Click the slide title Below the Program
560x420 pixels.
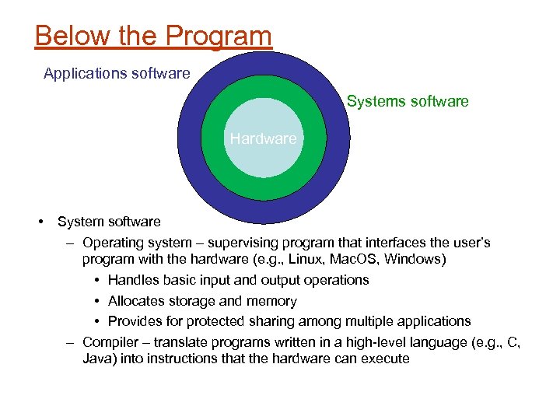tap(153, 36)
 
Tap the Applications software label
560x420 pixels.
tap(117, 74)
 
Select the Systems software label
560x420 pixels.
tap(408, 101)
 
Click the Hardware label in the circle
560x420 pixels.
tap(263, 138)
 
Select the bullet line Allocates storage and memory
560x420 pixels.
tap(202, 301)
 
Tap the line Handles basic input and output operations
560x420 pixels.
tap(238, 280)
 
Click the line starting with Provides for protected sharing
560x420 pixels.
tap(289, 321)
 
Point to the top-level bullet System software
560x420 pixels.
tap(109, 222)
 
